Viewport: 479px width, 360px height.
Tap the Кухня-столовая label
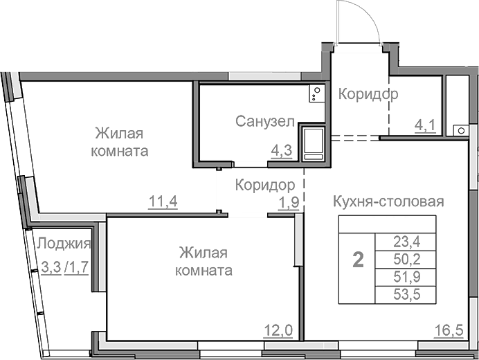(388, 201)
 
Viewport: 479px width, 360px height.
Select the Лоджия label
(64, 243)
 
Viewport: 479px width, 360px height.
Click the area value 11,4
(163, 202)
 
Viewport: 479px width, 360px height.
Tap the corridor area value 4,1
(424, 126)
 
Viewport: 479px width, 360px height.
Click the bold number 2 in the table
(358, 261)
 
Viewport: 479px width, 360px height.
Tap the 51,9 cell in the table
(406, 278)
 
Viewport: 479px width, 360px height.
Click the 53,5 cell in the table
(406, 296)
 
